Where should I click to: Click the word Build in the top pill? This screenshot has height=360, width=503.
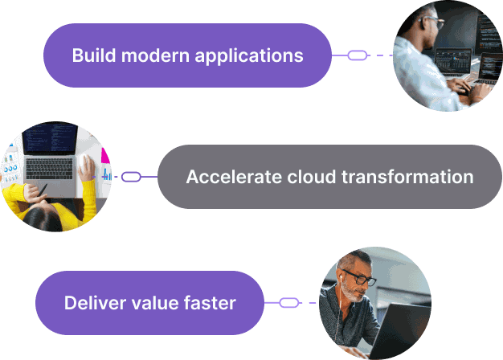click(94, 55)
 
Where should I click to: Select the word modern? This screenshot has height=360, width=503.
click(156, 55)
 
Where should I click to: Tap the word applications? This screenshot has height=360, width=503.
click(249, 55)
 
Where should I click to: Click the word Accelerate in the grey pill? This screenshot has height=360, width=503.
click(234, 177)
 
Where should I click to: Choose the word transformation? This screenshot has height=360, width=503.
click(407, 177)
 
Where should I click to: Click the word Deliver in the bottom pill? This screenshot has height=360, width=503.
click(95, 303)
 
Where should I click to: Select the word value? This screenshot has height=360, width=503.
click(154, 303)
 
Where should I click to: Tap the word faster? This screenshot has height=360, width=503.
click(210, 303)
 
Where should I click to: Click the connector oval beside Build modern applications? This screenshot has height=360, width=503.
click(358, 55)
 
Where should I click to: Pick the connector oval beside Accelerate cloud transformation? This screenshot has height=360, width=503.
click(131, 177)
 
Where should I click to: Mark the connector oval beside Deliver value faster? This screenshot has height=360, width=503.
click(289, 303)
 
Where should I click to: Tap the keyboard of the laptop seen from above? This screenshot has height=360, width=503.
click(49, 169)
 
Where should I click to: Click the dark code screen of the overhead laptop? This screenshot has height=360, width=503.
click(50, 139)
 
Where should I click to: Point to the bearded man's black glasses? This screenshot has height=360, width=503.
click(359, 278)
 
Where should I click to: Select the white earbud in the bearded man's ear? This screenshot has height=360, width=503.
click(341, 277)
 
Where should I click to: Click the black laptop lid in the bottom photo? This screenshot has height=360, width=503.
click(401, 329)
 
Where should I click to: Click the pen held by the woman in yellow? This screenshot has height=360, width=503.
click(43, 190)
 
